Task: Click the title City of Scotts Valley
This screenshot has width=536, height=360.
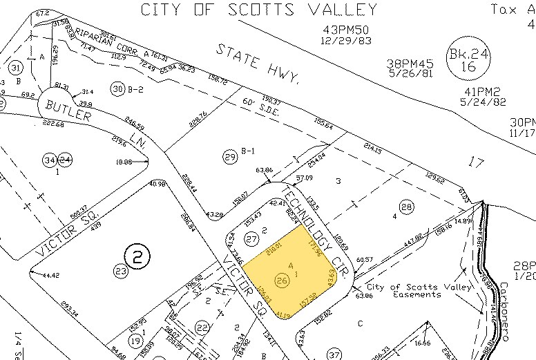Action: (259, 10)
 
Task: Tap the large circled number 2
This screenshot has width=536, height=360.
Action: (137, 258)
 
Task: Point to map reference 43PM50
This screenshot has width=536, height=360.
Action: (347, 30)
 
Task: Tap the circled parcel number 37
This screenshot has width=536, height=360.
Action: (334, 355)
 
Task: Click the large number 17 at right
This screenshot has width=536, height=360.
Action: (476, 163)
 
